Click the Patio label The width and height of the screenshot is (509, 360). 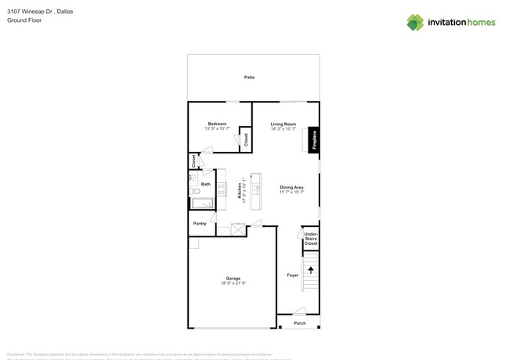click(249, 77)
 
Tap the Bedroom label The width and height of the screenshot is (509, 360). click(217, 124)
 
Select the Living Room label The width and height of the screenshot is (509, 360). click(283, 124)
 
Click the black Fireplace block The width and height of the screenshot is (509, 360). click(314, 139)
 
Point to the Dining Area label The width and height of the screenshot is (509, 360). click(291, 187)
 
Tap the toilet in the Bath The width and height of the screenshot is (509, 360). click(195, 191)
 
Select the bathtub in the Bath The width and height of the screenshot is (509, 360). click(203, 204)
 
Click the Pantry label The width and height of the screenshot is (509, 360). click(200, 223)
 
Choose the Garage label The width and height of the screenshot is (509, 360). click(233, 278)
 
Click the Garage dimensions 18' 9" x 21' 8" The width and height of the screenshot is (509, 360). click(233, 283)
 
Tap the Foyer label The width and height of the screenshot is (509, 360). click(292, 275)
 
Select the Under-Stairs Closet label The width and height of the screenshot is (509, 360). click(311, 239)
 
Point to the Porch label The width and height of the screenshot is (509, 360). click(300, 323)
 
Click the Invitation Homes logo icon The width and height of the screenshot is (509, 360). click(415, 22)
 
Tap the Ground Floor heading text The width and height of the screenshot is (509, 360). click(24, 20)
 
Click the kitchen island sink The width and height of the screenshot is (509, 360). click(255, 189)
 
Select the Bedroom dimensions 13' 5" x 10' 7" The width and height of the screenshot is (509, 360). click(217, 128)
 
